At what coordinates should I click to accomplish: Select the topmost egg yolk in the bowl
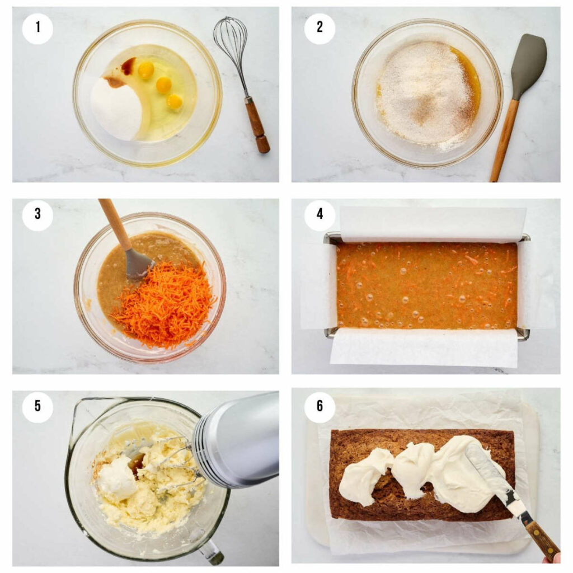[x=146, y=69]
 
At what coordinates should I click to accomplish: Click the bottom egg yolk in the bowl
[x=175, y=102]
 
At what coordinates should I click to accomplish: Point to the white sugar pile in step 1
[x=116, y=107]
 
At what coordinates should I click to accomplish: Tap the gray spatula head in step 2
[x=528, y=59]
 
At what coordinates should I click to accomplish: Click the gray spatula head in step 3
[x=138, y=265]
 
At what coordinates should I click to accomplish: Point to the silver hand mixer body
[x=241, y=436]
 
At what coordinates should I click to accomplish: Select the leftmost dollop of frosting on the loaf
[x=364, y=477]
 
